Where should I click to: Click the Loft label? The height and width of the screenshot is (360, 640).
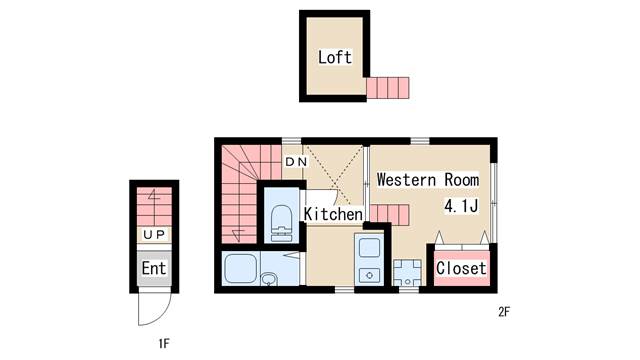tap(335, 57)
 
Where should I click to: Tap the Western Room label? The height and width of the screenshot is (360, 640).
tap(428, 180)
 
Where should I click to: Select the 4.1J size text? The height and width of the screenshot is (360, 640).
tap(461, 206)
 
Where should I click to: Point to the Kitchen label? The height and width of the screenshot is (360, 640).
tap(333, 214)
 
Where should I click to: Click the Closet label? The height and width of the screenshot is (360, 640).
tap(461, 268)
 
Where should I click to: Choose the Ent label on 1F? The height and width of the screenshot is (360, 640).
tap(154, 268)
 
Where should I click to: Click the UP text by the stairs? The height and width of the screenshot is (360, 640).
tap(154, 234)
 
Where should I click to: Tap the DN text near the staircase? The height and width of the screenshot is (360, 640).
tap(296, 162)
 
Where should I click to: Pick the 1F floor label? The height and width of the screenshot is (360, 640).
tap(164, 344)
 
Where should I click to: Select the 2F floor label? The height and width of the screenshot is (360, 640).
tap(504, 312)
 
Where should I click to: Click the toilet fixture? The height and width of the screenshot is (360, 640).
tap(282, 223)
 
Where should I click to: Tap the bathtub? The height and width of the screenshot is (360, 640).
tap(241, 268)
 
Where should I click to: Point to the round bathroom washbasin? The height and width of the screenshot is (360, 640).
tap(269, 279)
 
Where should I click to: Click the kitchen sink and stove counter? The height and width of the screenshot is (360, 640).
tap(369, 259)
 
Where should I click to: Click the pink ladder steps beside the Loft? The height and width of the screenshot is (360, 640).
tap(388, 88)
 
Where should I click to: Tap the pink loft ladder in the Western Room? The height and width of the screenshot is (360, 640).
tap(389, 215)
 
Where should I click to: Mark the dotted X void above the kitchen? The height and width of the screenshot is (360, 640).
tap(334, 174)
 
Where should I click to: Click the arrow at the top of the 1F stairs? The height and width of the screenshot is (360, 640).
tap(154, 195)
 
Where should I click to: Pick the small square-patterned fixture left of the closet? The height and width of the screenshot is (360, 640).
tap(407, 272)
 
